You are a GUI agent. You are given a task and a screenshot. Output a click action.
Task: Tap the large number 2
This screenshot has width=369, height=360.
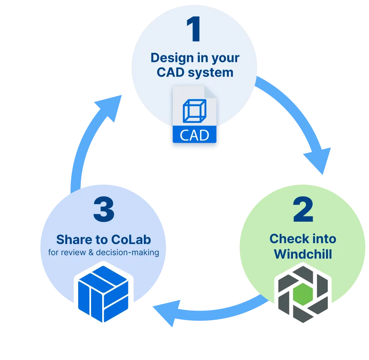(303, 211)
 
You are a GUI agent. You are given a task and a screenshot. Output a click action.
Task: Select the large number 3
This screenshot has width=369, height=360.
(104, 210)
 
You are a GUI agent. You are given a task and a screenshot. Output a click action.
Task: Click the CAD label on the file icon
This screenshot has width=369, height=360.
(194, 135)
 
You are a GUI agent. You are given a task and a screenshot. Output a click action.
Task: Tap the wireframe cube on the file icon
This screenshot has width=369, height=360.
(195, 111)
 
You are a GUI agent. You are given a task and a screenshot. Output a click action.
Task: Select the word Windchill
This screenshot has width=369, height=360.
(303, 254)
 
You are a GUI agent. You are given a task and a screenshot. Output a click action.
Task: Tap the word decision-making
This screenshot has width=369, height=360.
(128, 253)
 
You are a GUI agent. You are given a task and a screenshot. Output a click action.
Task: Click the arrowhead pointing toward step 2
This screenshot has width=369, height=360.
(317, 159)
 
